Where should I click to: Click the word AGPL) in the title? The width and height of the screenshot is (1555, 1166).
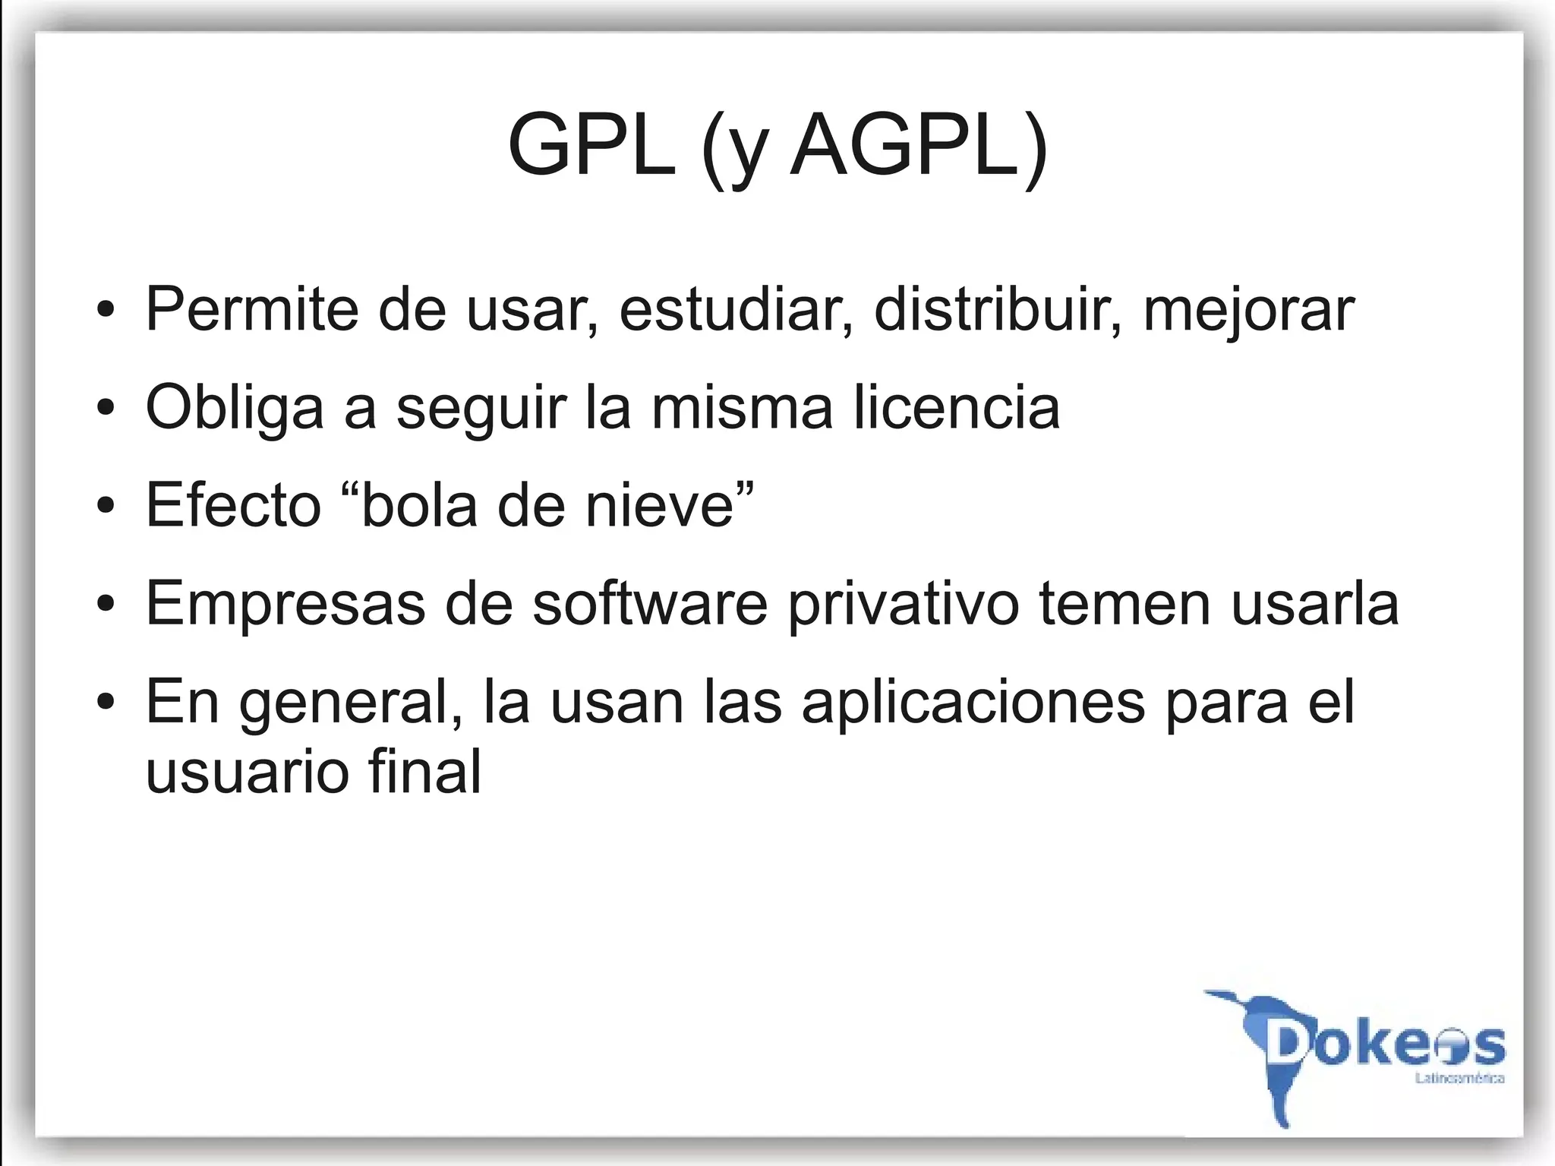(919, 146)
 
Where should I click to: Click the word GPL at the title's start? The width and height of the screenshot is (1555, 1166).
(591, 146)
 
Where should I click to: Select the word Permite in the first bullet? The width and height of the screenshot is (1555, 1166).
(251, 309)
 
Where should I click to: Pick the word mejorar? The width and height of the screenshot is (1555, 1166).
(1249, 311)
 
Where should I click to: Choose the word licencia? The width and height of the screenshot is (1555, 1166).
(957, 407)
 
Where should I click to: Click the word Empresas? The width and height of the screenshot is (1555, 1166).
(285, 604)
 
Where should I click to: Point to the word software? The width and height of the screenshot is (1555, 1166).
(650, 604)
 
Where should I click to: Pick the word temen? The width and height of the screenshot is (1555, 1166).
(1124, 604)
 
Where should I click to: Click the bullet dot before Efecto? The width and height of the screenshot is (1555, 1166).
(106, 506)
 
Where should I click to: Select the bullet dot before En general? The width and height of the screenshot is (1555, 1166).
(106, 703)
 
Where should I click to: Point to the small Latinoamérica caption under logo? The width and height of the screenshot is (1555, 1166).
(1459, 1079)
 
